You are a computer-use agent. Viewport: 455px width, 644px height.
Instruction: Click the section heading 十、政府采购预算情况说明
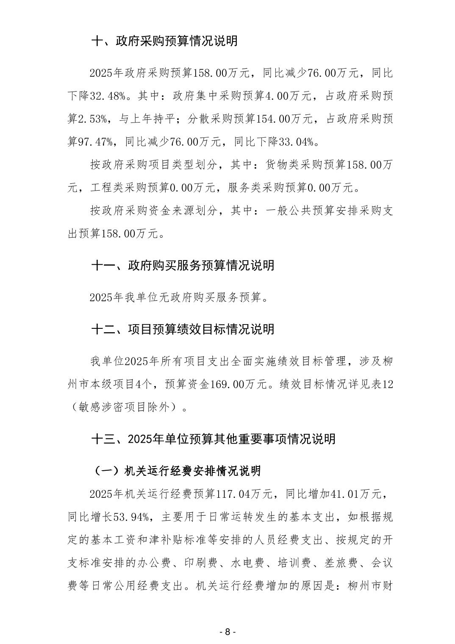click(x=164, y=41)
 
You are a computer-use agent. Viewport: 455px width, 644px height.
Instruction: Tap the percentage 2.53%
click(x=93, y=119)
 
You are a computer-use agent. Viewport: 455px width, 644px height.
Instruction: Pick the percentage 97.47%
click(x=96, y=142)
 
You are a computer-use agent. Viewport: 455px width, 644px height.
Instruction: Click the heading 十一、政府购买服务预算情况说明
click(x=183, y=265)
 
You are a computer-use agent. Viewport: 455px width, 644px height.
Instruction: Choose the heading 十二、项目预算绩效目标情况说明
click(x=183, y=329)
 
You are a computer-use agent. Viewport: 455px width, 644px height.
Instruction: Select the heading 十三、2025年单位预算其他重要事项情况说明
click(x=213, y=439)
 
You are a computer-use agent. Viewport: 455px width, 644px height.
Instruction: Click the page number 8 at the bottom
click(x=227, y=632)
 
